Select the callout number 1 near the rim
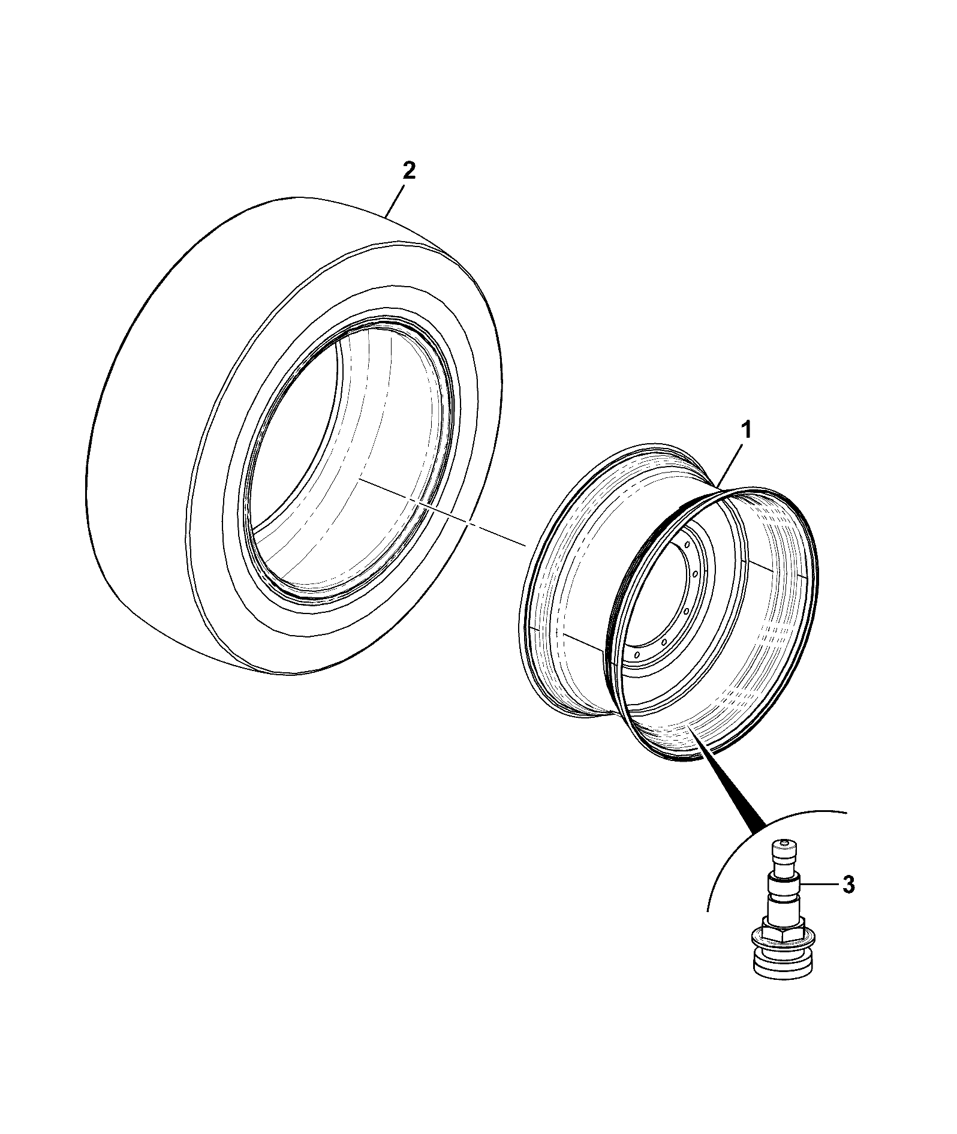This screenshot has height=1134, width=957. (745, 431)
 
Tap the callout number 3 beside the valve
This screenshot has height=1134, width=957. (848, 885)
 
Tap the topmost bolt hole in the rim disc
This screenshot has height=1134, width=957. (684, 545)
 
